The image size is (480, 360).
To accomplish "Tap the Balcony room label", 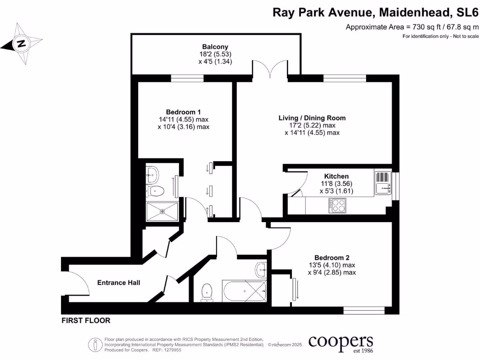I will pos(215,47).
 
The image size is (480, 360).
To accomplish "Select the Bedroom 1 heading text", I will pos(184,112).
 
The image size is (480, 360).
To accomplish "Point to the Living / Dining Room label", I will pos(312,118).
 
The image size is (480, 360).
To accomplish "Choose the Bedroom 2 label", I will pos(332,257).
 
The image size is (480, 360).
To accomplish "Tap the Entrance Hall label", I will pos(119,283).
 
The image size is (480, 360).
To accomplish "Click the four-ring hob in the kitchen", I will pos(337,205).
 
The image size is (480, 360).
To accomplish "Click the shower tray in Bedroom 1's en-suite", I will pos(162,211).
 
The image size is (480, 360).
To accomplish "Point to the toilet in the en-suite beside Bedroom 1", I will pos(155,190).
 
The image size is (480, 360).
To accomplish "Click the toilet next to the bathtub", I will pos(206,292).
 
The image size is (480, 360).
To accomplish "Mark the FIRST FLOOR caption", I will pos(86,321).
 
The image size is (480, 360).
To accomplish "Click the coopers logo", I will pos(340,342).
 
